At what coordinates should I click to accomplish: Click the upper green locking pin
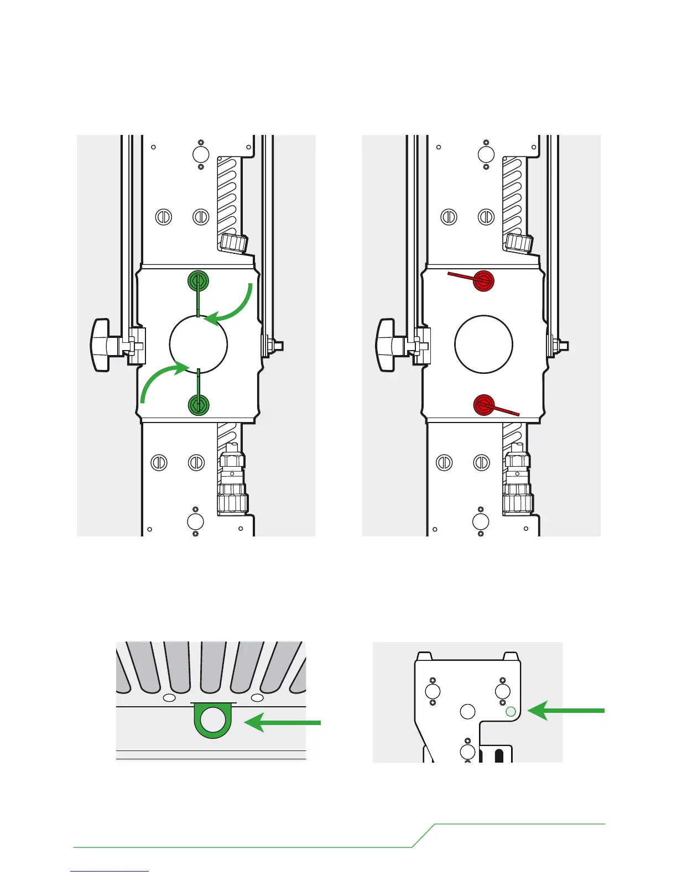click(198, 281)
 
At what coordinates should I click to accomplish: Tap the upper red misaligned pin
click(483, 280)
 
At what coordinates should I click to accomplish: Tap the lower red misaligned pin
click(484, 405)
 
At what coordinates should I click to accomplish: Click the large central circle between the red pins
click(483, 343)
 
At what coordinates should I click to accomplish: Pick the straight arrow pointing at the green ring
click(283, 722)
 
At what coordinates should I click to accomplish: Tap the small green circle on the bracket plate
click(511, 712)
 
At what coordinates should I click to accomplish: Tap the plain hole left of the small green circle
click(468, 711)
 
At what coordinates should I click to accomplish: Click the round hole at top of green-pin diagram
click(200, 154)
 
